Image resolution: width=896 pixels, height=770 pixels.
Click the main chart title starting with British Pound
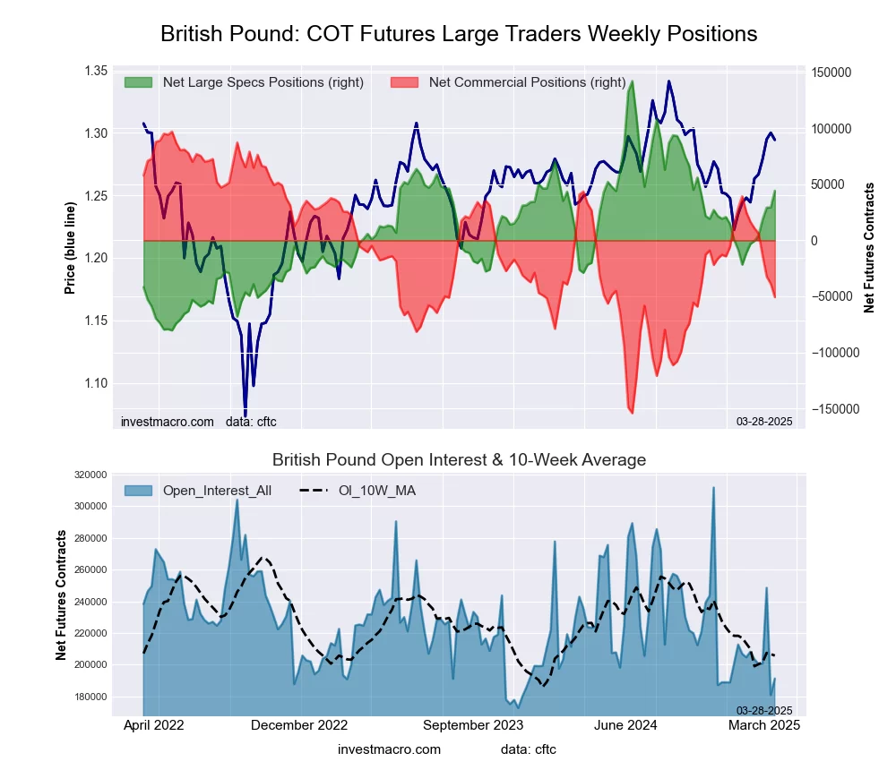point(459,34)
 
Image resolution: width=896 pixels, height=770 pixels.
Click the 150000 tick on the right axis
point(832,73)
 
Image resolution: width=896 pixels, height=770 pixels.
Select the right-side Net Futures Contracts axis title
point(869,247)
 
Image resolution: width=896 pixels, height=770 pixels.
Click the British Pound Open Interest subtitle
point(459,460)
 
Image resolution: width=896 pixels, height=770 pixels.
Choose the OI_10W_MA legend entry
point(377,490)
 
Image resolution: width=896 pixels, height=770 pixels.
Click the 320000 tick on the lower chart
point(90,475)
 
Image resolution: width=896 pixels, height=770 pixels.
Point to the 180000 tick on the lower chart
point(90,697)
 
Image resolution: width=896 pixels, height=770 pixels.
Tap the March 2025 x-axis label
point(764,725)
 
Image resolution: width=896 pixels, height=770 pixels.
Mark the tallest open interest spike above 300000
point(713,488)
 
